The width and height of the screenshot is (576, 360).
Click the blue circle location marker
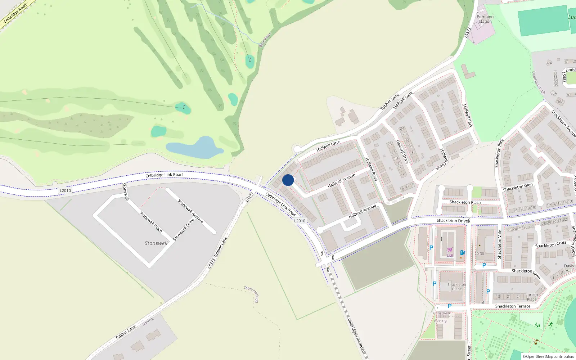point(288,180)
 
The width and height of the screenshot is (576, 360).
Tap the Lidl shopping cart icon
point(450,250)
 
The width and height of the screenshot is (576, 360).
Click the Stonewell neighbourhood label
point(156,243)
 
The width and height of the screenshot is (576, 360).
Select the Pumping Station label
point(485,19)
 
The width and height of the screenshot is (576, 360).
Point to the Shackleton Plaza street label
point(465,202)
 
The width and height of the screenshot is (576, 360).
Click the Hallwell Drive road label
point(402,152)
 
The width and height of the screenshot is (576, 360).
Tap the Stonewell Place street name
point(151,221)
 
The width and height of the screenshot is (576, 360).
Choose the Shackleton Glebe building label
point(456,287)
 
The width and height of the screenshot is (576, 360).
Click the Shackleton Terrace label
point(513,306)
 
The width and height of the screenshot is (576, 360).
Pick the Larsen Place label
point(532,297)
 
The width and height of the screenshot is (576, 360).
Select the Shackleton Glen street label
point(518,187)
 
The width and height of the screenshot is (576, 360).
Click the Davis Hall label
point(569,268)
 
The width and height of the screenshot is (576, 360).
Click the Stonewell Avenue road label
point(190,211)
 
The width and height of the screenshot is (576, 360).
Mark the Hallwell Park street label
point(467,116)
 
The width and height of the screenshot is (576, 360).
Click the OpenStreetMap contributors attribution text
point(548,356)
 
